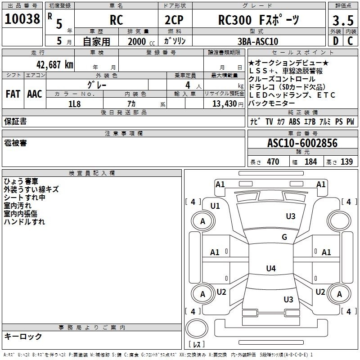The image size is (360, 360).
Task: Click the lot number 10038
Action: (22, 19)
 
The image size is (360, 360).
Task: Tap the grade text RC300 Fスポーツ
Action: (258, 20)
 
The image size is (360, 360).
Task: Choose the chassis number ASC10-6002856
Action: (302, 144)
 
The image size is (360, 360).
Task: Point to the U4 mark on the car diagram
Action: (270, 269)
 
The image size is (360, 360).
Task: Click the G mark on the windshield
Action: (284, 237)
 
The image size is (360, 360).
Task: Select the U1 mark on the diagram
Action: (215, 206)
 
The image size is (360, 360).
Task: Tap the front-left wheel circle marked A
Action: (202, 221)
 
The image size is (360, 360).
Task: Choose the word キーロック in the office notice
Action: (23, 336)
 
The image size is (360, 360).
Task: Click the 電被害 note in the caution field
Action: (16, 143)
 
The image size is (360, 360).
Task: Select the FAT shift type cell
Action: (13, 94)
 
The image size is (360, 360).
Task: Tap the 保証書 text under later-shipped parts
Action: (16, 121)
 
